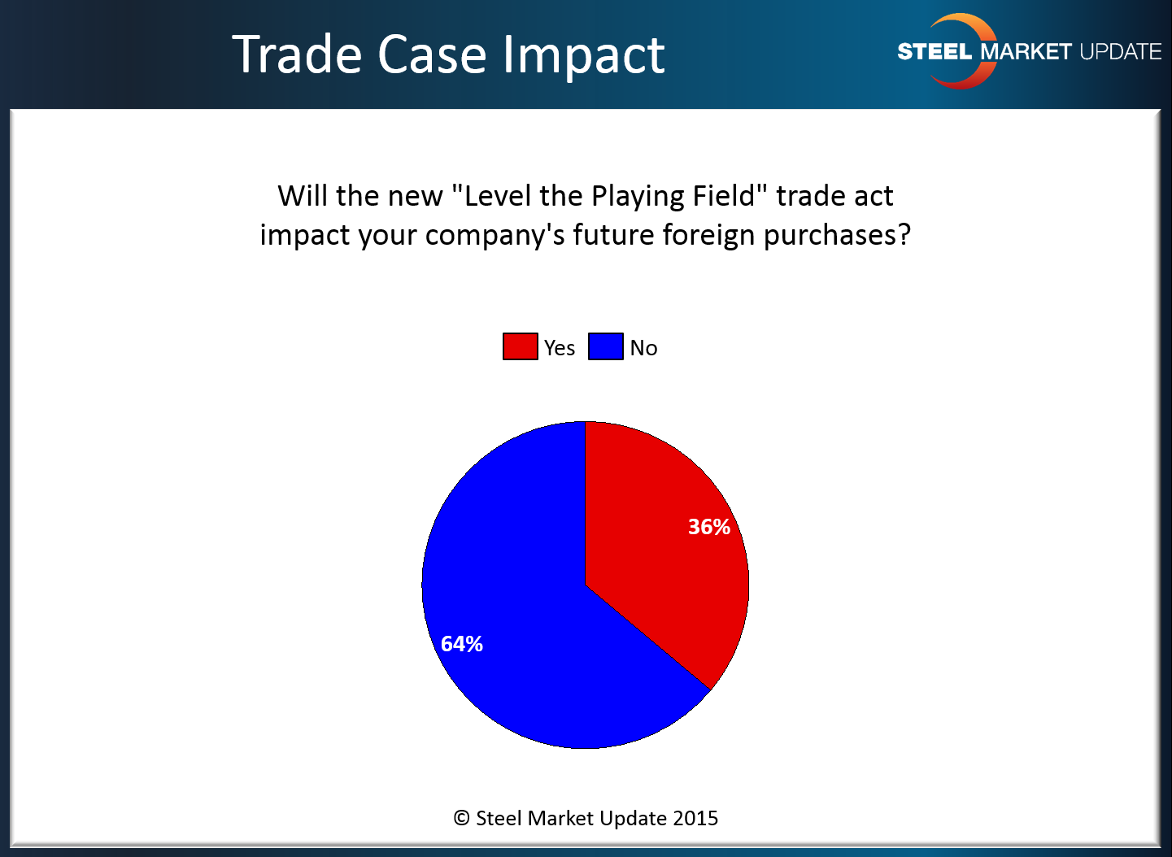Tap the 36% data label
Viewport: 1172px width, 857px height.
tap(709, 527)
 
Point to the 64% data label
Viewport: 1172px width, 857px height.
tap(461, 644)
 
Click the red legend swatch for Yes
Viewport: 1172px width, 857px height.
tap(520, 346)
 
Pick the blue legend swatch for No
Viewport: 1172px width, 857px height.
tap(605, 346)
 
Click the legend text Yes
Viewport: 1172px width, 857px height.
tap(560, 348)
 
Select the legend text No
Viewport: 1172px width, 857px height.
tap(643, 348)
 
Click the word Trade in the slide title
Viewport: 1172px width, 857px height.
tap(297, 54)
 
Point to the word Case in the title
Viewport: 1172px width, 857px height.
tap(432, 54)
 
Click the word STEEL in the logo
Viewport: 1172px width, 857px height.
tap(935, 51)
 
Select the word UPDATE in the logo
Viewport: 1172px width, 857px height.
tap(1121, 51)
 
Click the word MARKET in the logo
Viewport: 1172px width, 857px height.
tap(1026, 51)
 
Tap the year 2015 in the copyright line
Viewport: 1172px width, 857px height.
tap(695, 818)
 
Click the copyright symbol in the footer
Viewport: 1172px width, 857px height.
tap(461, 818)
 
